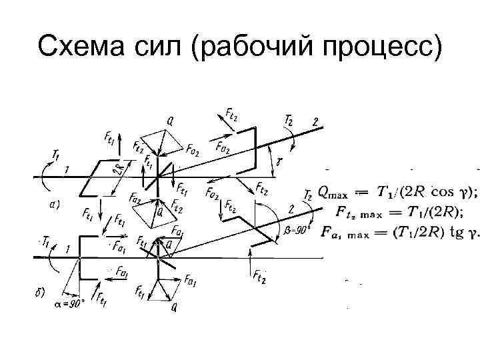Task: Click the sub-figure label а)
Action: [x=59, y=204]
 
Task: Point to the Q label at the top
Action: [x=171, y=121]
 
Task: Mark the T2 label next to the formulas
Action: [x=308, y=195]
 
